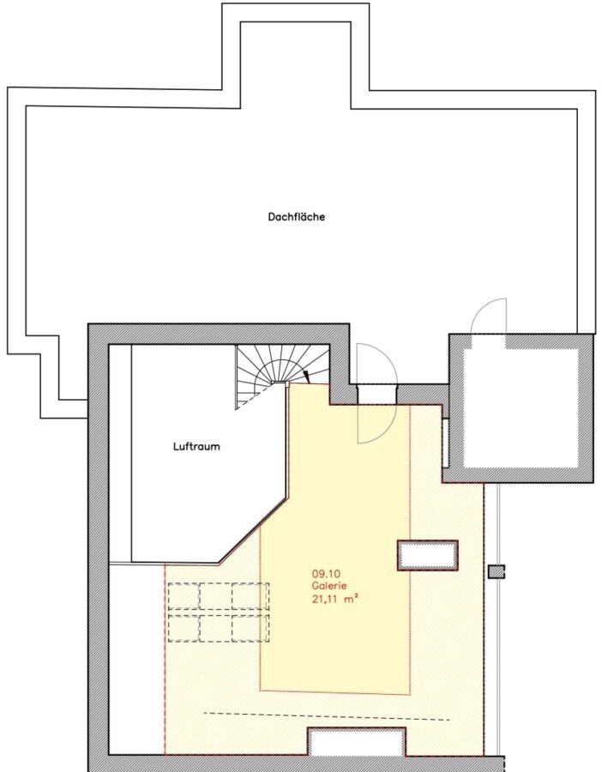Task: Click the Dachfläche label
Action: [x=297, y=217]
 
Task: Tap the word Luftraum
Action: [x=196, y=447]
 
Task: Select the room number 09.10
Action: [x=326, y=574]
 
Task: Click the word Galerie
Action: [x=328, y=586]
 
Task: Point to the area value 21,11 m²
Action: [x=334, y=599]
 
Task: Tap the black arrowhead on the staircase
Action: [x=307, y=377]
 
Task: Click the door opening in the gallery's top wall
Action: [x=376, y=394]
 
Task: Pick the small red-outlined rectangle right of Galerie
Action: [x=428, y=555]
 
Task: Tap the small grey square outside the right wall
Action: [x=497, y=571]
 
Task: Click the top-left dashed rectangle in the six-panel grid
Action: [x=184, y=596]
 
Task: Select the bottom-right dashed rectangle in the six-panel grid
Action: [x=250, y=628]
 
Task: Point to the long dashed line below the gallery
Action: [x=327, y=716]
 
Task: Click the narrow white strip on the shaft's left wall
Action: [x=446, y=443]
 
